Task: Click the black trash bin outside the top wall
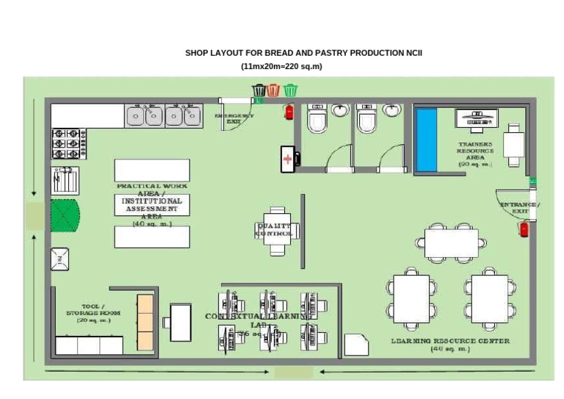(258, 90)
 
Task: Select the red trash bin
(274, 90)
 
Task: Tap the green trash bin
(291, 90)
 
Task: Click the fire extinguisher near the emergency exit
(289, 111)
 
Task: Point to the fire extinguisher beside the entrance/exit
(524, 229)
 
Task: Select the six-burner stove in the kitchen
(68, 144)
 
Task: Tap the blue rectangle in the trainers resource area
(426, 140)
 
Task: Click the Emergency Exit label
(234, 118)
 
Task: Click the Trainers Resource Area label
(475, 154)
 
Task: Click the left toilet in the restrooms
(317, 119)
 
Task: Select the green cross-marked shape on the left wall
(64, 215)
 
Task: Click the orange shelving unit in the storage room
(145, 322)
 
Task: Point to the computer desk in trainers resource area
(477, 118)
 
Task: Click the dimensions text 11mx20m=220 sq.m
(281, 67)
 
